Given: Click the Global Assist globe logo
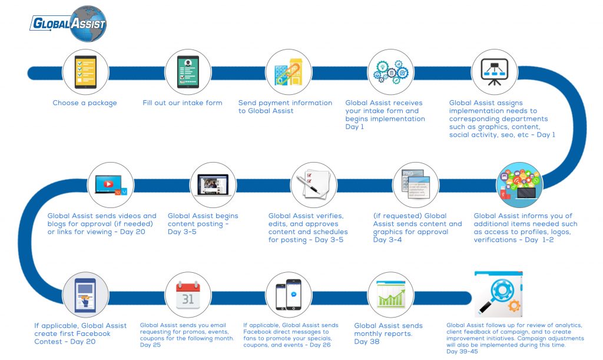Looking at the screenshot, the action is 68,24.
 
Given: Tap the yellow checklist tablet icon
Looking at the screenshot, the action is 85,72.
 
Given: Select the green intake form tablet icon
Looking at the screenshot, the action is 188,72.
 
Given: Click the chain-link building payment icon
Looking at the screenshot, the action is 289,72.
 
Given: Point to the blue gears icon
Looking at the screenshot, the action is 391,72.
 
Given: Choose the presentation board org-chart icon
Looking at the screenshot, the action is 495,72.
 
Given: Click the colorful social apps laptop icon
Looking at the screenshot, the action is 519,185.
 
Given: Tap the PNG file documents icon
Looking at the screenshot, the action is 416,184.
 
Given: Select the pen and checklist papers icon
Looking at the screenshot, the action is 314,184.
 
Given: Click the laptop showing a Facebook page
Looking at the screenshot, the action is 213,185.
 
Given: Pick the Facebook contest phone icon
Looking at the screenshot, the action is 85,295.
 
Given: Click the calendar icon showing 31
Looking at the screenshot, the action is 188,295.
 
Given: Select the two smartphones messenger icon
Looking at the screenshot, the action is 289,295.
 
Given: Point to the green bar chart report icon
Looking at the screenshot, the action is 391,295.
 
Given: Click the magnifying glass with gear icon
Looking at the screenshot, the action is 499,294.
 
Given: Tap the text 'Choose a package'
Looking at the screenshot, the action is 85,103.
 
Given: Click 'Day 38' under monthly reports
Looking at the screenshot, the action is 367,342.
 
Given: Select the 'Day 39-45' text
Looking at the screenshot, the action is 462,352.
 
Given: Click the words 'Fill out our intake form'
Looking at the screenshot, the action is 183,103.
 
